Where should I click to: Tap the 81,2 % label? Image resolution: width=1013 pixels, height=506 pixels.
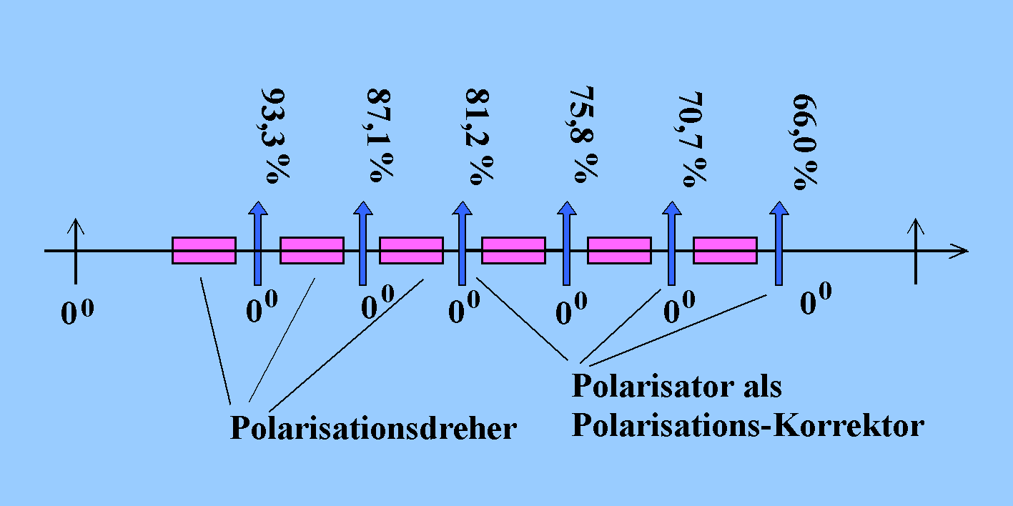(478, 136)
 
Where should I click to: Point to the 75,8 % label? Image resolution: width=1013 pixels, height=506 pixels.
(582, 135)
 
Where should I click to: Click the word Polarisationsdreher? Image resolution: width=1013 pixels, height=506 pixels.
(372, 427)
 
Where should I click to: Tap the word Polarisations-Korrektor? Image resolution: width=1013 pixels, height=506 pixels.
(748, 426)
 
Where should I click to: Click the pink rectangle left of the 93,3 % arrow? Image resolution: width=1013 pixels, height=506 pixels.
(204, 250)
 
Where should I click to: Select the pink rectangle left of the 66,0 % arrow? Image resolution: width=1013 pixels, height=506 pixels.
(725, 250)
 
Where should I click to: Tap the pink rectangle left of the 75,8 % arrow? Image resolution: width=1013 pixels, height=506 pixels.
(513, 250)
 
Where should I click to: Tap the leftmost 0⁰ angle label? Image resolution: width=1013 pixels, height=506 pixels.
(77, 314)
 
